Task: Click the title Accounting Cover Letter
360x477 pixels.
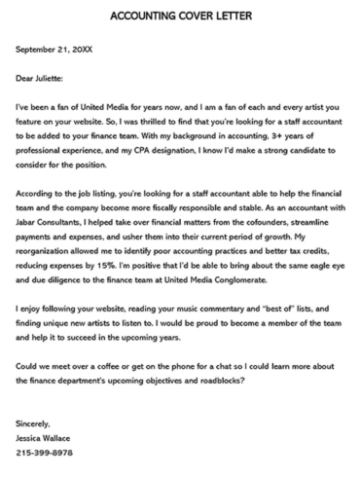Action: (x=179, y=17)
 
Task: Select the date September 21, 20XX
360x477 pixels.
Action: (x=55, y=48)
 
